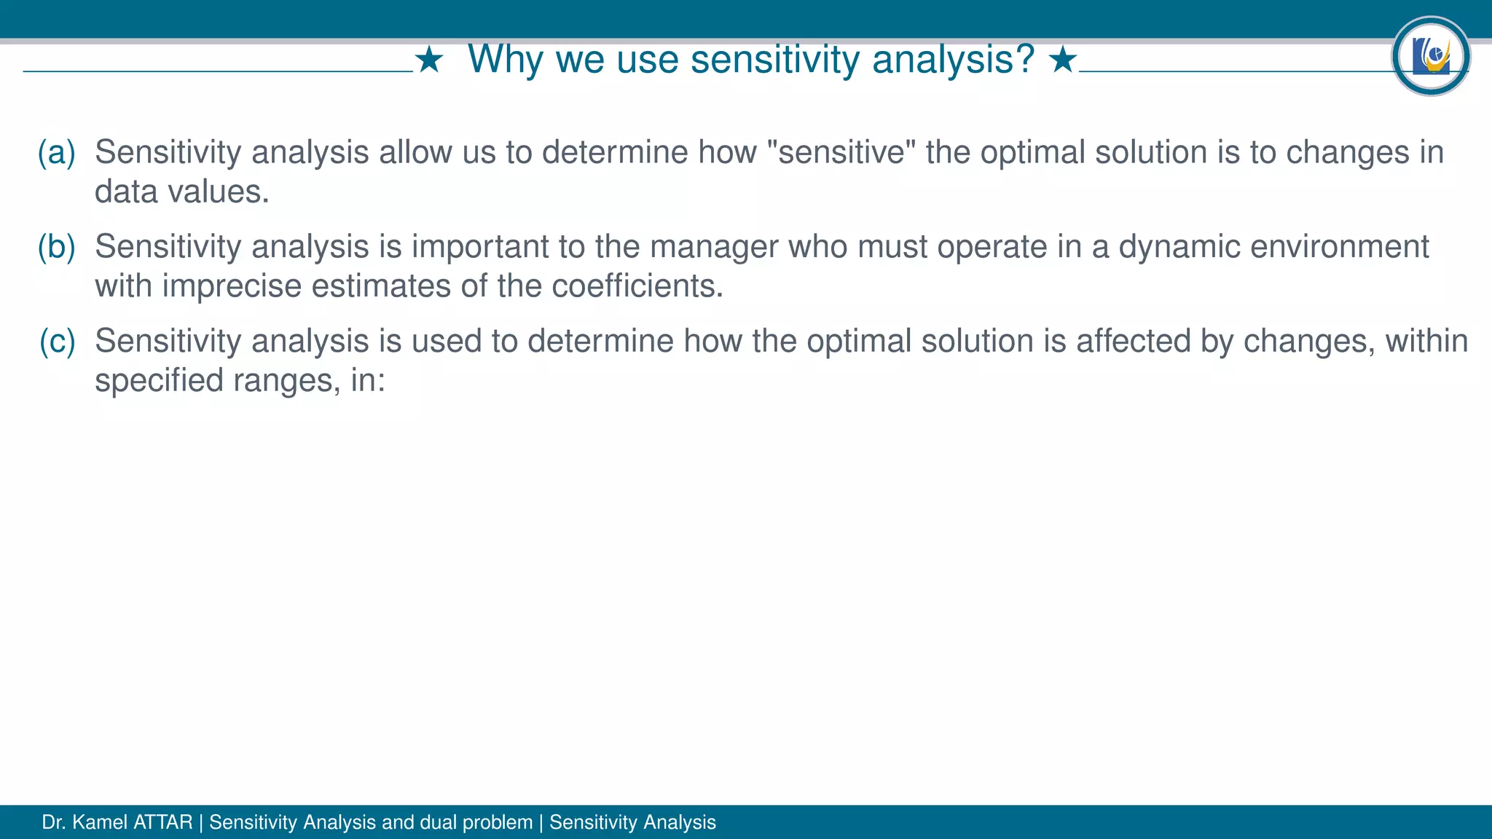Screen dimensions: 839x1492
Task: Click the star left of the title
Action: tap(429, 60)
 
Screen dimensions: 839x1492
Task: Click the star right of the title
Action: tap(1063, 60)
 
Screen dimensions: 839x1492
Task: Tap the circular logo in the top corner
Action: tap(1430, 56)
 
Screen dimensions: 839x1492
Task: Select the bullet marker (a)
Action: tap(57, 152)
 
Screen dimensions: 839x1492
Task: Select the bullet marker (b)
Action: tap(57, 247)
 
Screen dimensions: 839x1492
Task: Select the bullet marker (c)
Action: tap(57, 341)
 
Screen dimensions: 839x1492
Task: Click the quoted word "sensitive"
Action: tap(841, 152)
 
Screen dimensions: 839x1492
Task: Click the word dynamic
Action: tap(1179, 247)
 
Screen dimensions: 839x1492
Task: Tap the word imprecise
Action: tap(232, 285)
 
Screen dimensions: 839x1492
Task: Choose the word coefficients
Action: tap(637, 285)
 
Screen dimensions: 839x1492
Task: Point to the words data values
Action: tap(181, 192)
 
